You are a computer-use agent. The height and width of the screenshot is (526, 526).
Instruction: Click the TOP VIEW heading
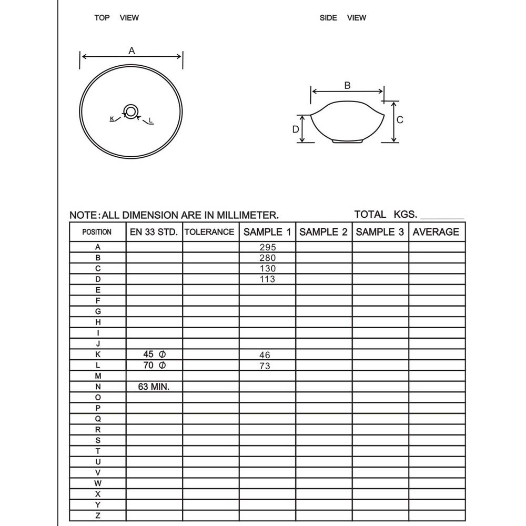point(116,18)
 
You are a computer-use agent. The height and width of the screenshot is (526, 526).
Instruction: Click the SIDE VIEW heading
point(342,18)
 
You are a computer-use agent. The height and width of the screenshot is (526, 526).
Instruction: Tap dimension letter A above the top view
point(131,50)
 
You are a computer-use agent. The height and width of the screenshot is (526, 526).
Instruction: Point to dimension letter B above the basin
point(347,85)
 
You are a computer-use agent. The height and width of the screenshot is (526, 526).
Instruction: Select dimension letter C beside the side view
point(400,120)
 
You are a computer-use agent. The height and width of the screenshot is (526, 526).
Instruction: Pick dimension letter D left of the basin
point(296,129)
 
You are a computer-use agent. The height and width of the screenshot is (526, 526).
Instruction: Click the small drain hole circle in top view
point(130,112)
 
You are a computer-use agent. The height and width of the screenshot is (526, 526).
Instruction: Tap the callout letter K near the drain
point(112,119)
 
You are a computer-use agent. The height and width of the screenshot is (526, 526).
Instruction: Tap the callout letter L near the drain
point(150,121)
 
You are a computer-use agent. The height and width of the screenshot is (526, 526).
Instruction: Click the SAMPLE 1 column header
point(267,232)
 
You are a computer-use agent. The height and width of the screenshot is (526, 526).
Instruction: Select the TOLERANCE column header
point(210,232)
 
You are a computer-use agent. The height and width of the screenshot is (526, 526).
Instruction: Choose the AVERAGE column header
point(436,232)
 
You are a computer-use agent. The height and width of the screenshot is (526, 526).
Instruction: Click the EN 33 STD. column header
point(154,232)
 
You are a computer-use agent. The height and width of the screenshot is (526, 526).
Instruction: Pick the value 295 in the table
point(267,247)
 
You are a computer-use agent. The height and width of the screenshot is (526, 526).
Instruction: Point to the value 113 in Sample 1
point(267,279)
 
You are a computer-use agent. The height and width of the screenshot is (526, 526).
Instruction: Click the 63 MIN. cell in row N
point(154,387)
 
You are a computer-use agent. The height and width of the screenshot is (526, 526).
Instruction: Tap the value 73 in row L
point(265,366)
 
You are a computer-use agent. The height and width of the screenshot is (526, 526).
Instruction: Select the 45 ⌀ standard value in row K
point(154,354)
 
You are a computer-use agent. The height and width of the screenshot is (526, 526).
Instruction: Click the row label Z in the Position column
point(98,515)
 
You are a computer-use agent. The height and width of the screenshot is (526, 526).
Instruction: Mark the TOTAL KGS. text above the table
point(386,215)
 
